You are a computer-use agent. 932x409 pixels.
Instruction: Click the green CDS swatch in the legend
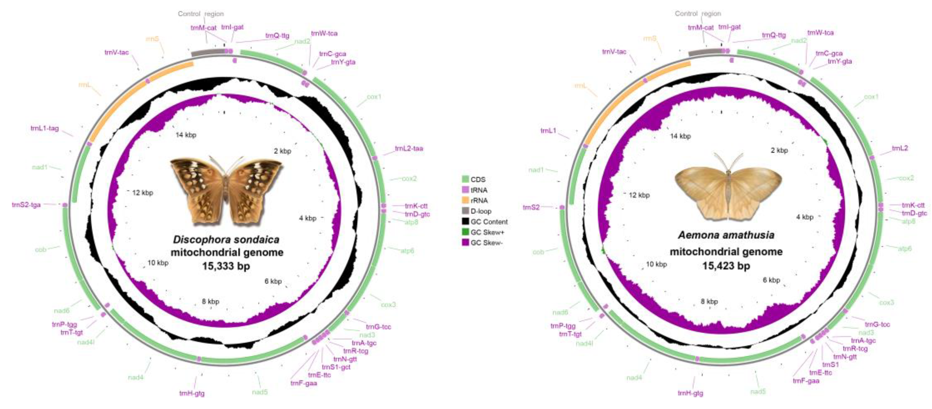tap(465, 179)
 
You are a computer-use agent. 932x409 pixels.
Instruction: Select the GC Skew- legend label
tap(486, 243)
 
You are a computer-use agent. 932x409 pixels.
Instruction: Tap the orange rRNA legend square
tap(465, 200)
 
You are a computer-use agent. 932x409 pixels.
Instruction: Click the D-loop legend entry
tap(481, 211)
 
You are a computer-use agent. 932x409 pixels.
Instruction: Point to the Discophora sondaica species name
tap(226, 240)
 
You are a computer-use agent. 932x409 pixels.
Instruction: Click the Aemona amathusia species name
tap(726, 235)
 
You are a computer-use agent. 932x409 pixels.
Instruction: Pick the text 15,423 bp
tap(726, 266)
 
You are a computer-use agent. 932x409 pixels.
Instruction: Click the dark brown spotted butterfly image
tap(226, 190)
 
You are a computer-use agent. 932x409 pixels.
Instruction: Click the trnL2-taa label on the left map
tap(409, 148)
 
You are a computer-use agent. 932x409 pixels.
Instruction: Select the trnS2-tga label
tap(26, 205)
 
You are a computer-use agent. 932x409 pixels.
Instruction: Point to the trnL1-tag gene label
tap(45, 128)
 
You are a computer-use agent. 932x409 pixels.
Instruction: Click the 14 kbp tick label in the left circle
tap(186, 135)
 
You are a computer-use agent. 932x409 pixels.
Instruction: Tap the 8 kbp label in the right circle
tap(709, 301)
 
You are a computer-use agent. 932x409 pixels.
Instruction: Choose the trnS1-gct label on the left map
tap(336, 367)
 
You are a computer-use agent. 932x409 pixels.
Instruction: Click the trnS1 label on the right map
tap(830, 364)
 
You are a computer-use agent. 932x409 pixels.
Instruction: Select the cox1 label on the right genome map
tap(871, 97)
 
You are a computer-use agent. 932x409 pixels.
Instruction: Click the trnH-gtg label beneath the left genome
tap(192, 393)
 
